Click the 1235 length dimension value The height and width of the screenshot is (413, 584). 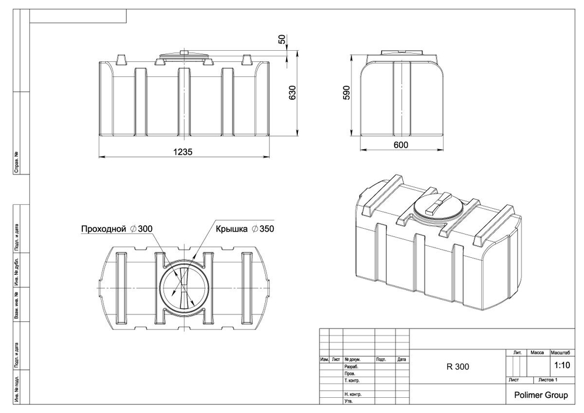tap(183, 151)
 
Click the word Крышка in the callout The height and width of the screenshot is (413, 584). tap(232, 229)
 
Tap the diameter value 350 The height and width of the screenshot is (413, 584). tap(265, 229)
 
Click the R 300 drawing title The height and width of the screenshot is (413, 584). tap(457, 367)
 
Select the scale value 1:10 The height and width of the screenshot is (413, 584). tap(561, 366)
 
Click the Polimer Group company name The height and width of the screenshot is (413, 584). tap(540, 395)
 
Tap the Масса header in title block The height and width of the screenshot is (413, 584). tap(537, 353)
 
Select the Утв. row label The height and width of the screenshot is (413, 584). tap(349, 401)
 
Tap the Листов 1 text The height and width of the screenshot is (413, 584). tap(548, 380)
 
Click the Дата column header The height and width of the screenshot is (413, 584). tap(401, 359)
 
